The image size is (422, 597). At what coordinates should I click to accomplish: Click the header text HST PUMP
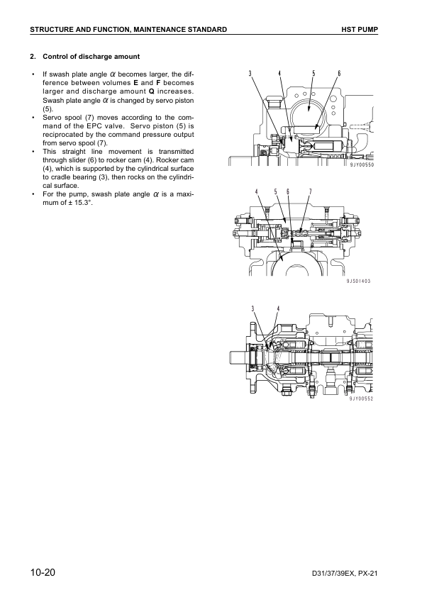(x=360, y=29)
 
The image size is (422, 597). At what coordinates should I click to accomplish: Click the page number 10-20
(x=43, y=572)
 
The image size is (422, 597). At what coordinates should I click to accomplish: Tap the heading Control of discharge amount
(x=91, y=56)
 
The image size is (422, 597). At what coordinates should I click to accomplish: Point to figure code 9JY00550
(x=362, y=165)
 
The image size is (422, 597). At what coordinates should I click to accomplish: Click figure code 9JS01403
(x=358, y=281)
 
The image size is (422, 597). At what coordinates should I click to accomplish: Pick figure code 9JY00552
(x=361, y=398)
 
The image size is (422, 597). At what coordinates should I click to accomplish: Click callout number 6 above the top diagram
(x=339, y=74)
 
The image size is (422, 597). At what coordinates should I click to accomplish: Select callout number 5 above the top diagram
(x=313, y=74)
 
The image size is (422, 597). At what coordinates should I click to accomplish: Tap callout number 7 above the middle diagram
(x=311, y=191)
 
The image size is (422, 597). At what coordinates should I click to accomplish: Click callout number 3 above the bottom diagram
(x=253, y=308)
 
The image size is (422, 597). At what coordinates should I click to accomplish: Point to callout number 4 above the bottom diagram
(x=278, y=308)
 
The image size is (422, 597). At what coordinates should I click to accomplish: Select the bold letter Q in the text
(x=151, y=91)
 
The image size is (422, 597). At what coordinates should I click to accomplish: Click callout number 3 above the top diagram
(x=250, y=74)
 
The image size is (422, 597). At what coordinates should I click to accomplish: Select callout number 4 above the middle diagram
(x=256, y=191)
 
